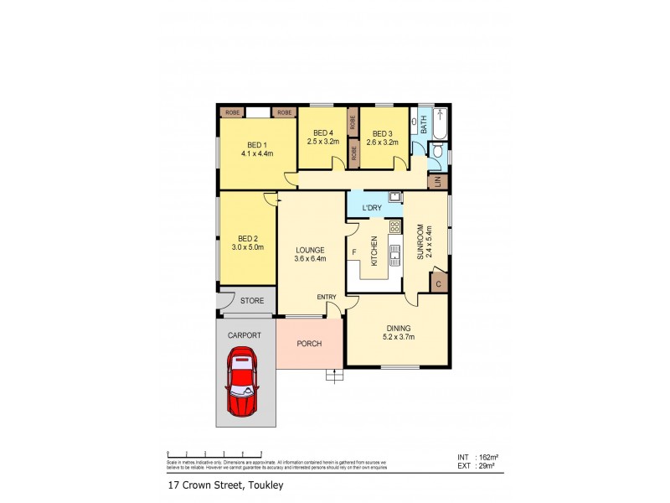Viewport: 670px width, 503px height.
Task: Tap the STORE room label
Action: (252, 300)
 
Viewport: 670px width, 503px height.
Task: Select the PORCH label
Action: (309, 343)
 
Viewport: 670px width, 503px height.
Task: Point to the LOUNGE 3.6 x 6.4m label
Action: (309, 254)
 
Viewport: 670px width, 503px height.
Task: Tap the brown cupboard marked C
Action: (439, 283)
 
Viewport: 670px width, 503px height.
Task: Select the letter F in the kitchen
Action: (354, 251)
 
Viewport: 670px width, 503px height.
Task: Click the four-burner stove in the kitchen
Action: (394, 226)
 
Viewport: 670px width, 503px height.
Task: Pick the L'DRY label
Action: (372, 207)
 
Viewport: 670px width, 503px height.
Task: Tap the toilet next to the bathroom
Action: (436, 152)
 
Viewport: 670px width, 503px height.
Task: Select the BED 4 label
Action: (322, 133)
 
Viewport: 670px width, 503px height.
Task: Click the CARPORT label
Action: (244, 334)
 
